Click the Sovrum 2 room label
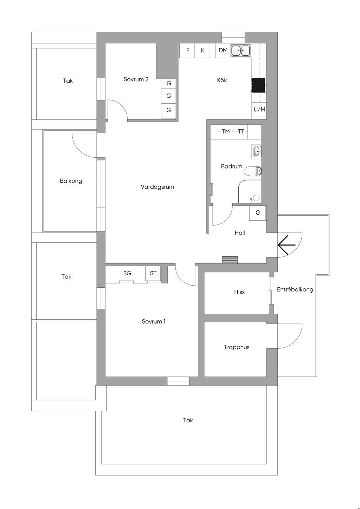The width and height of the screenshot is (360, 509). point(136,79)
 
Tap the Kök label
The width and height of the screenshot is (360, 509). point(222,80)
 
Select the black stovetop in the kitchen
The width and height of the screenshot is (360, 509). point(258,85)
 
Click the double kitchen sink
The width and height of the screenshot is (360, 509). point(240,51)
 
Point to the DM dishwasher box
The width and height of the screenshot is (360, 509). point(223,51)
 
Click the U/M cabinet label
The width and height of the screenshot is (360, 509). point(259,110)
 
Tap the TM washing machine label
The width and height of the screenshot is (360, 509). point(226,131)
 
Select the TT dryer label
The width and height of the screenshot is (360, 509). point(241,131)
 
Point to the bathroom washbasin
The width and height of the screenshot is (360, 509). point(257,151)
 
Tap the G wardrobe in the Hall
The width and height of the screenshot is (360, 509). point(257,213)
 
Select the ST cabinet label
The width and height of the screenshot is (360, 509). point(153,273)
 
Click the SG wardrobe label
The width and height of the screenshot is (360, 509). point(127,273)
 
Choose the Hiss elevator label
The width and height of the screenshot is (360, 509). point(239,292)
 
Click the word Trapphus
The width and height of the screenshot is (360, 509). point(237,347)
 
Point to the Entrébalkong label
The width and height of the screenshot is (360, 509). point(295,289)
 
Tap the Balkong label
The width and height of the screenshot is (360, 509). point(71,181)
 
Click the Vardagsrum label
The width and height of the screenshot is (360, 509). point(157,187)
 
